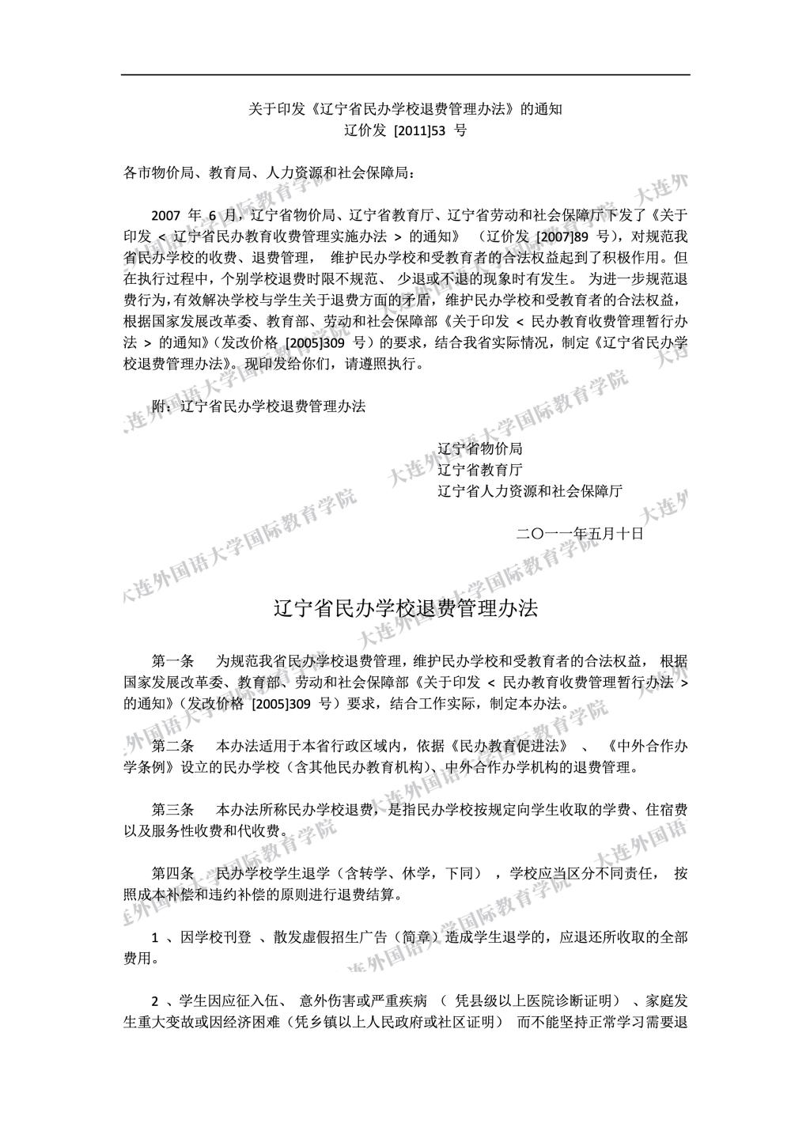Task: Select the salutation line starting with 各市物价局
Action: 268,172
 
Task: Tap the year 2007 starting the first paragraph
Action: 166,215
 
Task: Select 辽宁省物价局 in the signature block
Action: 479,448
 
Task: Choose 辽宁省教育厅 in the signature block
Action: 479,470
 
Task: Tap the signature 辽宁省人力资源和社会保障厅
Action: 529,491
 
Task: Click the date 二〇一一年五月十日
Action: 579,534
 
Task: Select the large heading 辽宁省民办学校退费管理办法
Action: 405,608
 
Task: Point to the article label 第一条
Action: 172,661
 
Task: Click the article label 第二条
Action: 172,746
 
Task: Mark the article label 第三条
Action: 172,810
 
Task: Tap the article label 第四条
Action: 172,874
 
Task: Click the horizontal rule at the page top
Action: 405,75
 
